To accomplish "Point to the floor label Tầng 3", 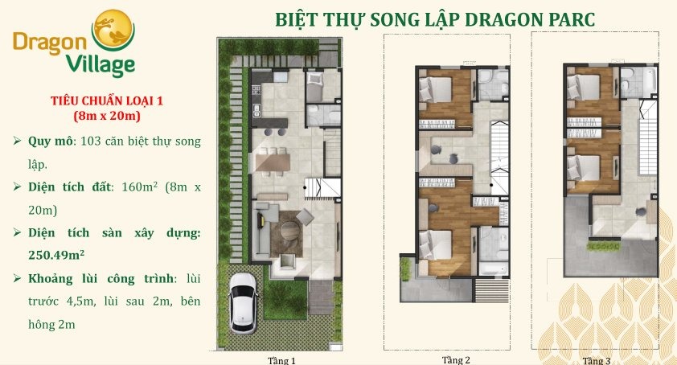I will point(597,360).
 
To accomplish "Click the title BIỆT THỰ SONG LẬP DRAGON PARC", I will point(435,18).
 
